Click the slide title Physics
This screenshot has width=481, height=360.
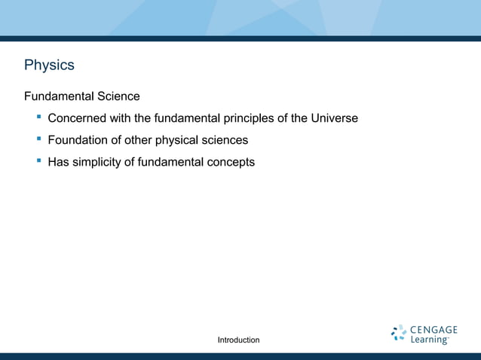[x=49, y=65]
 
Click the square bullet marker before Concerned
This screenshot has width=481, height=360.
[x=36, y=117]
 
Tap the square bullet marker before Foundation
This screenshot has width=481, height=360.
[x=36, y=139]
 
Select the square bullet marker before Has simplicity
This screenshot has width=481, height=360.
[x=36, y=160]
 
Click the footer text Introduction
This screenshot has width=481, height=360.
[x=238, y=340]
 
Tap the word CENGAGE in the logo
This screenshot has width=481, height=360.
[x=434, y=329]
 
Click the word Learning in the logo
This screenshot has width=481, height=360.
[x=429, y=340]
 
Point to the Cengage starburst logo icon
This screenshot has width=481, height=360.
[x=399, y=333]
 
